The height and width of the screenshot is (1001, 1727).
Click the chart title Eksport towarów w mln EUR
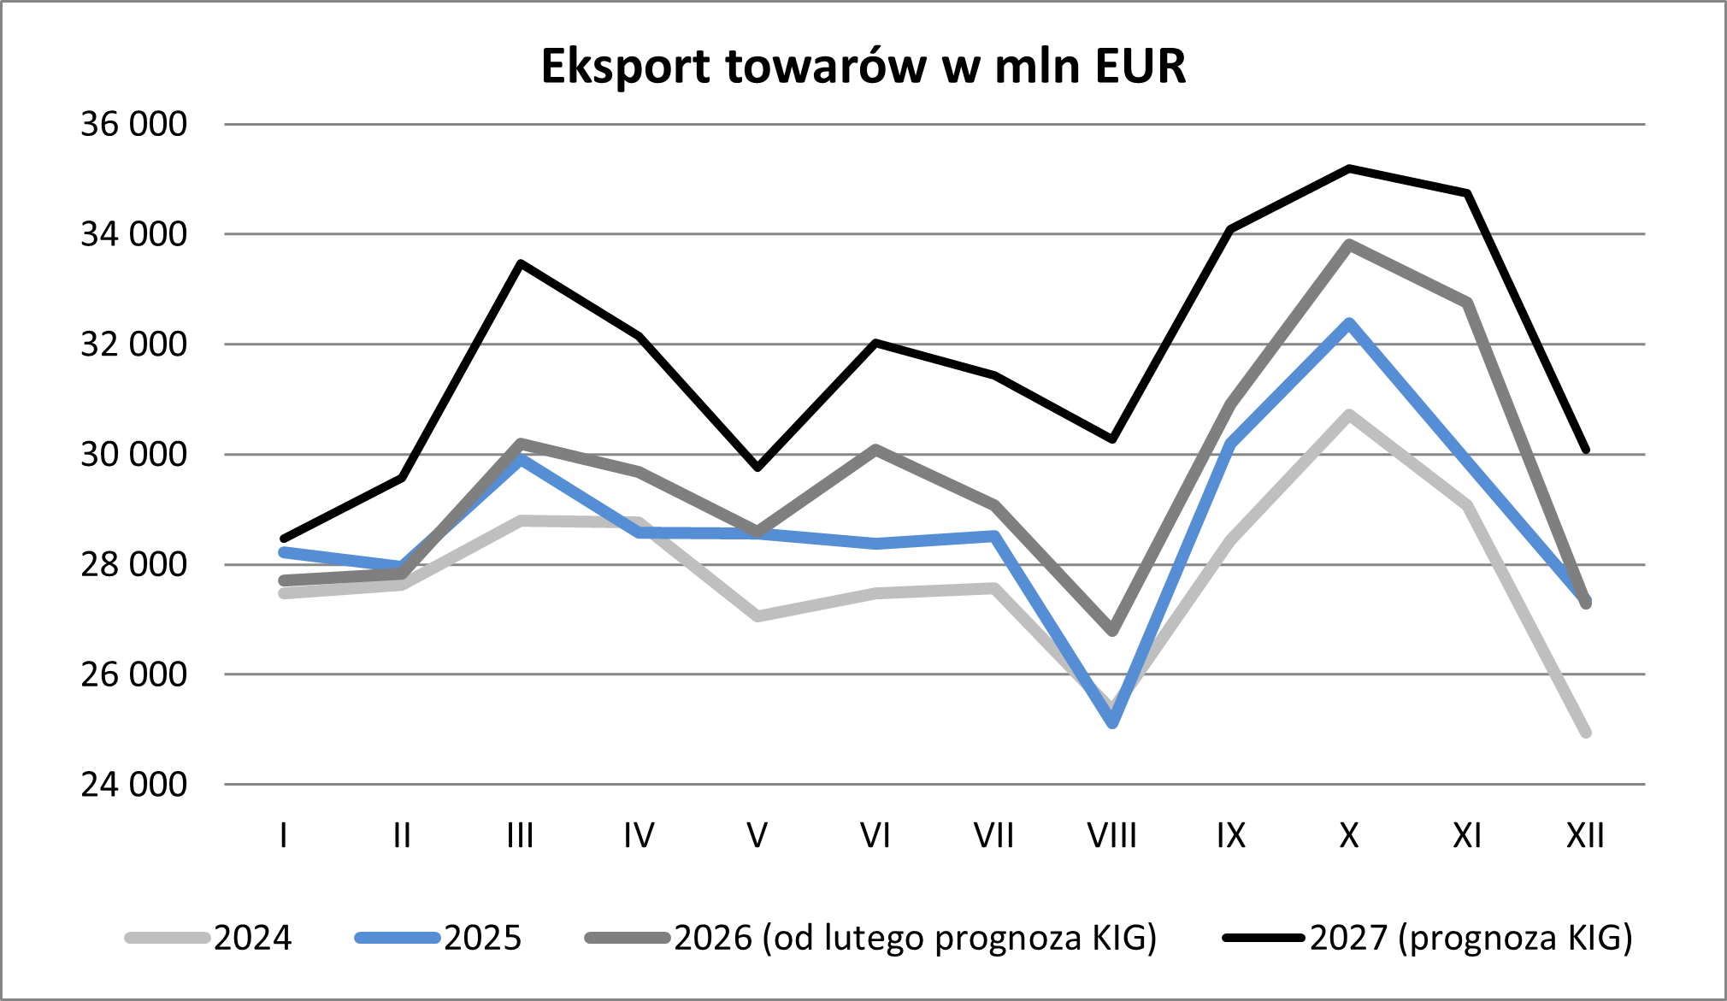point(863,66)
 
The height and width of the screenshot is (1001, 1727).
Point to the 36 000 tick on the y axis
point(133,125)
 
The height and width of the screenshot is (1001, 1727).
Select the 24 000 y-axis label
point(133,785)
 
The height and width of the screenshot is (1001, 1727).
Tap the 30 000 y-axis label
point(133,455)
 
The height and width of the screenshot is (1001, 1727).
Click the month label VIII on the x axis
point(1111,835)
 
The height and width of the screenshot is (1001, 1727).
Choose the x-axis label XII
point(1585,835)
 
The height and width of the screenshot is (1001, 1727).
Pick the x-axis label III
point(520,835)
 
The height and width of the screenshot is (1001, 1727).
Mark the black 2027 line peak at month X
point(1349,168)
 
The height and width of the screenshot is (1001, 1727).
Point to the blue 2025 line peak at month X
point(1349,323)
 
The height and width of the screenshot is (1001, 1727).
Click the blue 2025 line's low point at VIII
point(1112,723)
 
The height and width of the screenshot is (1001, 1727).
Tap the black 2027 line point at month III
point(521,263)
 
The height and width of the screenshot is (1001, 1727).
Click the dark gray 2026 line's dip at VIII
point(1112,631)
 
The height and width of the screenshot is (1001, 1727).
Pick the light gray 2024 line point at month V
point(757,615)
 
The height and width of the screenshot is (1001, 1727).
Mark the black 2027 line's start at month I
point(284,539)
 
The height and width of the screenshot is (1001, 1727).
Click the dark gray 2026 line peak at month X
point(1349,244)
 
